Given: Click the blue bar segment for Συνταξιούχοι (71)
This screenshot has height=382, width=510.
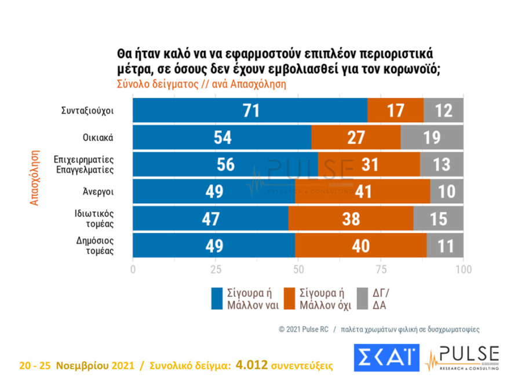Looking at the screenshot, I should (x=250, y=111).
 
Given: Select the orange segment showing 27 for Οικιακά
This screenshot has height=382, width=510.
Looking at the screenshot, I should (x=355, y=137).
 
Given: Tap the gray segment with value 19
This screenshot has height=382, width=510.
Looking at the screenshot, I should (x=432, y=137).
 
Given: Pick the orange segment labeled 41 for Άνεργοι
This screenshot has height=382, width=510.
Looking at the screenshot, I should (x=362, y=192).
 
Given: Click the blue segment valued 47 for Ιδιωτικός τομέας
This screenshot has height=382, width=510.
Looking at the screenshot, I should (x=210, y=218).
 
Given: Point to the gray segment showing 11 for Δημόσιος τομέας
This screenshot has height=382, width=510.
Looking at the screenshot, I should (x=445, y=245).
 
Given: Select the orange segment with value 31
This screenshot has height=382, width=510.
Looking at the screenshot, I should (x=369, y=164).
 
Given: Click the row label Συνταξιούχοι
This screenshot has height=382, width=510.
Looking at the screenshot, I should (x=86, y=111).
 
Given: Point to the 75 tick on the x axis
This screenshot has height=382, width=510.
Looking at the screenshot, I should (x=381, y=270).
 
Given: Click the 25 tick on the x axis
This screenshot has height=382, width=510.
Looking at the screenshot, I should (x=216, y=270).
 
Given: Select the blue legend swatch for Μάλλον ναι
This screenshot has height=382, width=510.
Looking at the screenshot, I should (x=217, y=298).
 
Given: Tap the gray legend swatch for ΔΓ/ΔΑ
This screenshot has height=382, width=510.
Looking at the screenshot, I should (x=364, y=298).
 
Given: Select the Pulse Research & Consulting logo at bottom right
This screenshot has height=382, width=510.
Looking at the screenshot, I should (x=462, y=358).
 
